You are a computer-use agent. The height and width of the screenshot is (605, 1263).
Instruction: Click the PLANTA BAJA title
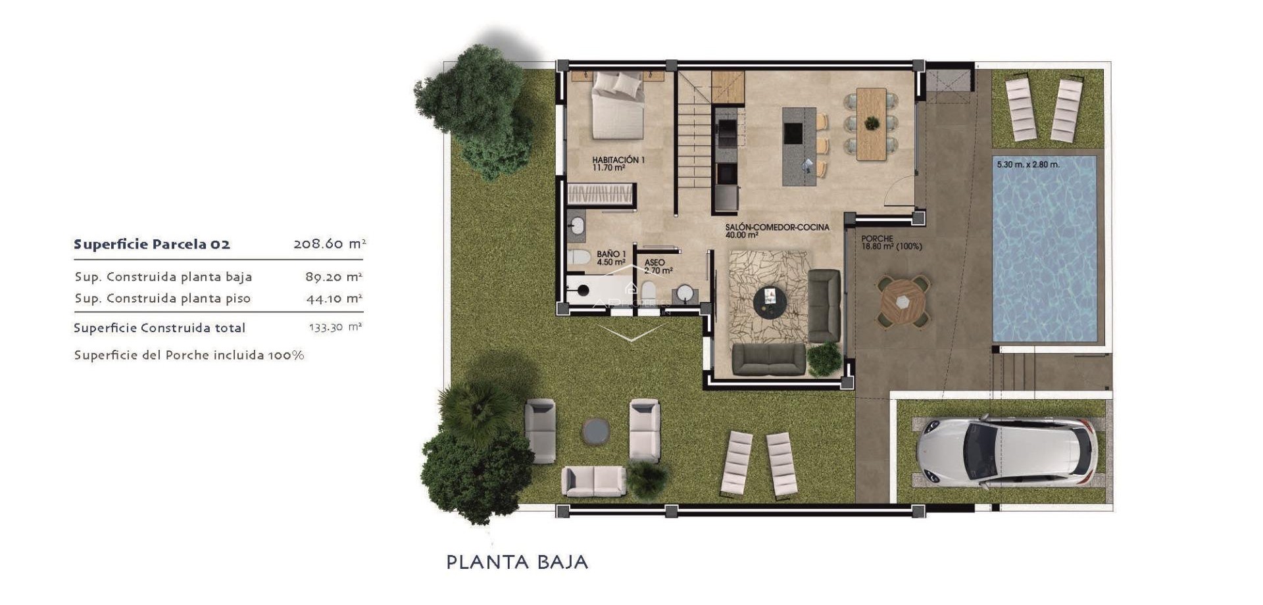pos(517,562)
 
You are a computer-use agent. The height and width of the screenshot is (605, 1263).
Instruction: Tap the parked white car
pos(1006,452)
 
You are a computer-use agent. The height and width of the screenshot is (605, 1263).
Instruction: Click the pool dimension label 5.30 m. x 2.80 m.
pos(1028,164)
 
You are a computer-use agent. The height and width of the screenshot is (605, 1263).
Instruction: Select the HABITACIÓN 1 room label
pos(618,163)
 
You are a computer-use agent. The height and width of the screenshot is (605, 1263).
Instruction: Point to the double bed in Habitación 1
pos(617,107)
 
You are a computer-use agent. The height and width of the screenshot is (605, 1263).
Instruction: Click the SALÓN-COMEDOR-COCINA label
pos(777,230)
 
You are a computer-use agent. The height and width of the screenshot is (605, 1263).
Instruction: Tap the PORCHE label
pos(891,243)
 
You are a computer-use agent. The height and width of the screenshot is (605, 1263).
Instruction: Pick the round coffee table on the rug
pos(770,302)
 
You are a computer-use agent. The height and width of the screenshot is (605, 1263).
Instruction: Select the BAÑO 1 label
pos(611,258)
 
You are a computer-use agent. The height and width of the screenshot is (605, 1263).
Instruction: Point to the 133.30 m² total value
pos(335,327)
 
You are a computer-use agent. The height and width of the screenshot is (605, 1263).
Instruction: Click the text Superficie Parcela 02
pos(152,245)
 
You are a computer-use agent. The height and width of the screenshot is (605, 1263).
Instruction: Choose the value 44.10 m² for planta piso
pos(334,299)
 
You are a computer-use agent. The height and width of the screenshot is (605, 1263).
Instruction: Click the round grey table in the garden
pos(595,431)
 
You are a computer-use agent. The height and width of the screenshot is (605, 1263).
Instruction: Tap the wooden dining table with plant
pos(872,124)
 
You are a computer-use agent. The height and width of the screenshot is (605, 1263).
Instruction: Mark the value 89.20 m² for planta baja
pos(334,277)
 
